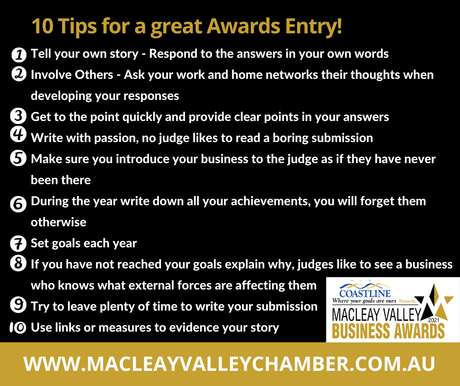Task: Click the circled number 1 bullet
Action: (19, 55)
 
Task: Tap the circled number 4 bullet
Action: (18, 135)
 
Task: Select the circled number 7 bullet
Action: (18, 244)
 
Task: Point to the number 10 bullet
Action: (18, 327)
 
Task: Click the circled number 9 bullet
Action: (18, 305)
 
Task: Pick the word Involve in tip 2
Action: (51, 75)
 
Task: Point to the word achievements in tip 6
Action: (271, 201)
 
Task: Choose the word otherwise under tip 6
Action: (59, 222)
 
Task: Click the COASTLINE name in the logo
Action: (365, 293)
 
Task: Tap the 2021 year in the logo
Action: (434, 320)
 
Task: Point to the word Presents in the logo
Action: (407, 301)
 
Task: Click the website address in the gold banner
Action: (230, 364)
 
